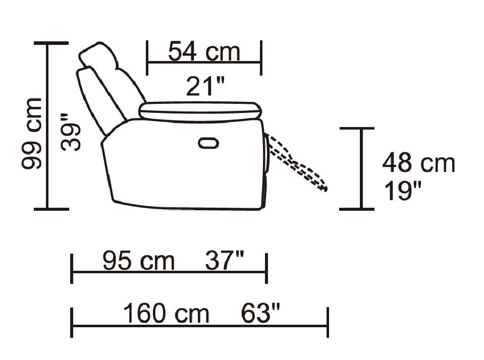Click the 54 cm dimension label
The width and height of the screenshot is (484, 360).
[x=204, y=52]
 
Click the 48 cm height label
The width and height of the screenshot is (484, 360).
[x=418, y=163]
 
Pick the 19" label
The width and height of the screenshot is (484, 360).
[x=403, y=192]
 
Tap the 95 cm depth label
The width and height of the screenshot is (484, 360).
[x=139, y=261]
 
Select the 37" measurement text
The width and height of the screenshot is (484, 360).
[x=225, y=261]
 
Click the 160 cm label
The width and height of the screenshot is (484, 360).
[x=166, y=314]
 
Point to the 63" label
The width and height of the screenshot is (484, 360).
[x=260, y=314]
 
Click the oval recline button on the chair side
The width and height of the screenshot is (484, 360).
[x=208, y=143]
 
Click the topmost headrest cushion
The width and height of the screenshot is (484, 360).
[x=99, y=55]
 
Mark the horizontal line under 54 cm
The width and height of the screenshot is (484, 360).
[x=204, y=63]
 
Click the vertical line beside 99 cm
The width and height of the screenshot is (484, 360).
[x=48, y=126]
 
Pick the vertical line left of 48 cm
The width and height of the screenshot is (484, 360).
[x=361, y=168]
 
